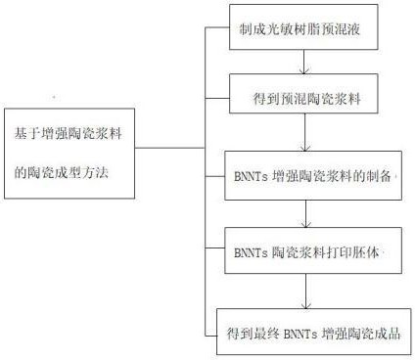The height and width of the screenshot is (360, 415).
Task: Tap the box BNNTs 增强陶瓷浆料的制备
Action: [x=311, y=176]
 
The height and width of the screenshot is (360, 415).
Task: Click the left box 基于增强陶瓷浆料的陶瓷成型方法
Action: [x=69, y=152]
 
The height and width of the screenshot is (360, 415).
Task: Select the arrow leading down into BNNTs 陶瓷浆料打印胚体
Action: [x=308, y=213]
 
